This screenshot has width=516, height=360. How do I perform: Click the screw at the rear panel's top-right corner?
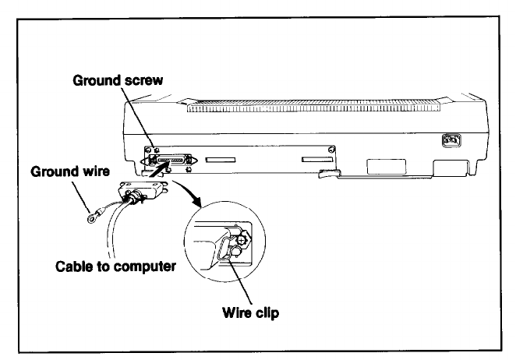333,149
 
